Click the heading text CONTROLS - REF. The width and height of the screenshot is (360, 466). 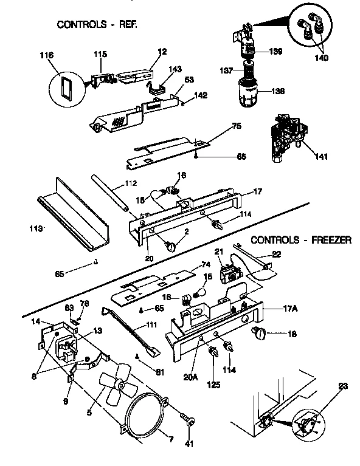(97, 25)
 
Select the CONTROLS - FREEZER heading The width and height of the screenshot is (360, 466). (300, 240)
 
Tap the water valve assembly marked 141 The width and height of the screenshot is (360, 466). (286, 137)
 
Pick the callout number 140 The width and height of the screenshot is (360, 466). (321, 58)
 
